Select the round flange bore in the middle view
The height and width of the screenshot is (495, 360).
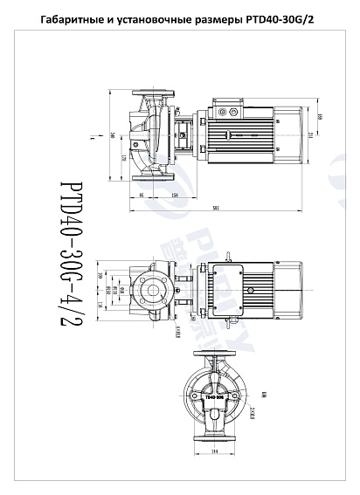pyautogui.click(x=152, y=292)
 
